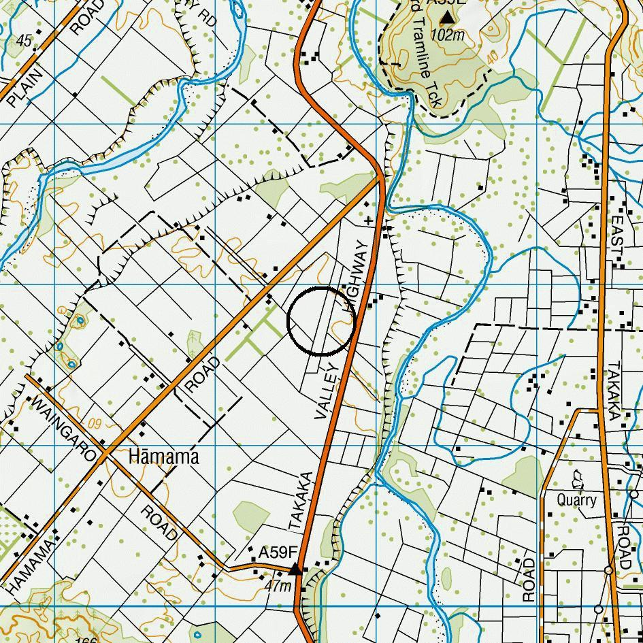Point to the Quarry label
576,500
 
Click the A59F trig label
278,553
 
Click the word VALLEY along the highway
326,391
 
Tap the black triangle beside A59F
296,569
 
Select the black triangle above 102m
447,16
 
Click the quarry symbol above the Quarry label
578,480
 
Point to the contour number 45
24,42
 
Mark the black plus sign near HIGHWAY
369,220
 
